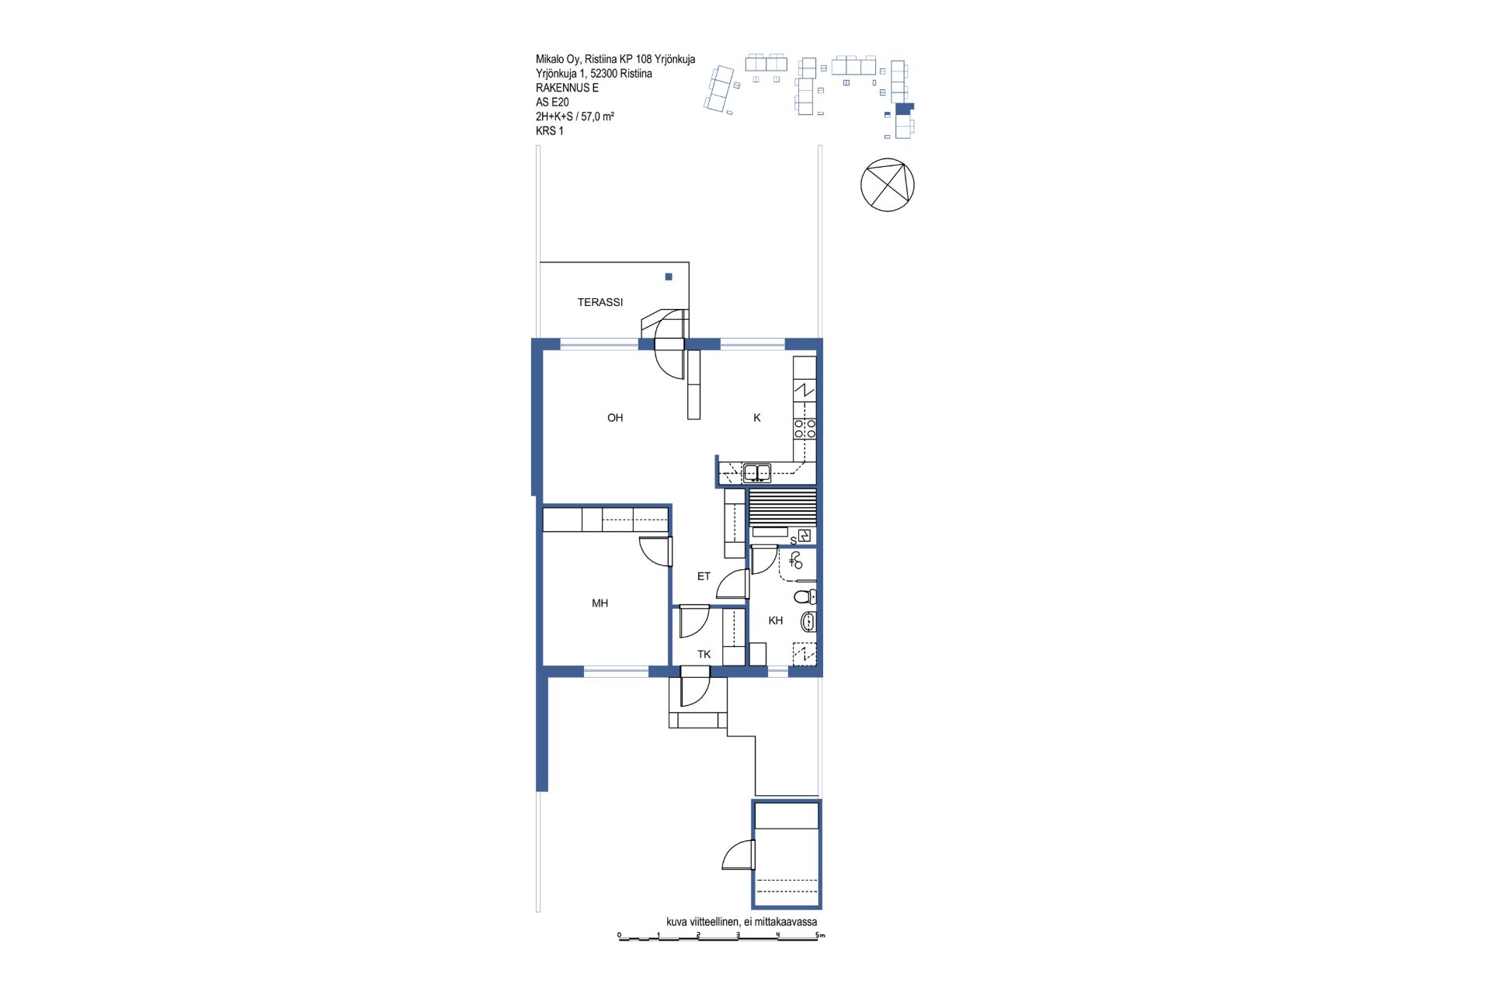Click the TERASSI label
click(600, 302)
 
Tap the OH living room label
click(615, 418)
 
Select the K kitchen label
click(757, 418)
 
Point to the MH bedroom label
click(600, 603)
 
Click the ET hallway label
click(704, 576)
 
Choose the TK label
click(704, 655)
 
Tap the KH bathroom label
click(776, 620)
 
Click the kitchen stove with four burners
click(805, 429)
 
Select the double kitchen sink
click(756, 472)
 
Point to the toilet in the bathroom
click(805, 596)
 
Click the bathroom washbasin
click(808, 621)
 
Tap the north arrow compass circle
click(888, 185)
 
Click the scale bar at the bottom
click(721, 937)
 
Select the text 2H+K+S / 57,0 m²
click(575, 116)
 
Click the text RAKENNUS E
click(567, 88)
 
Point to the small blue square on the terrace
click(669, 276)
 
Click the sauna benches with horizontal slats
click(783, 506)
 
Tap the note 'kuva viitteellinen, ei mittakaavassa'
click(742, 922)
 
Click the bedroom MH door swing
click(655, 551)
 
